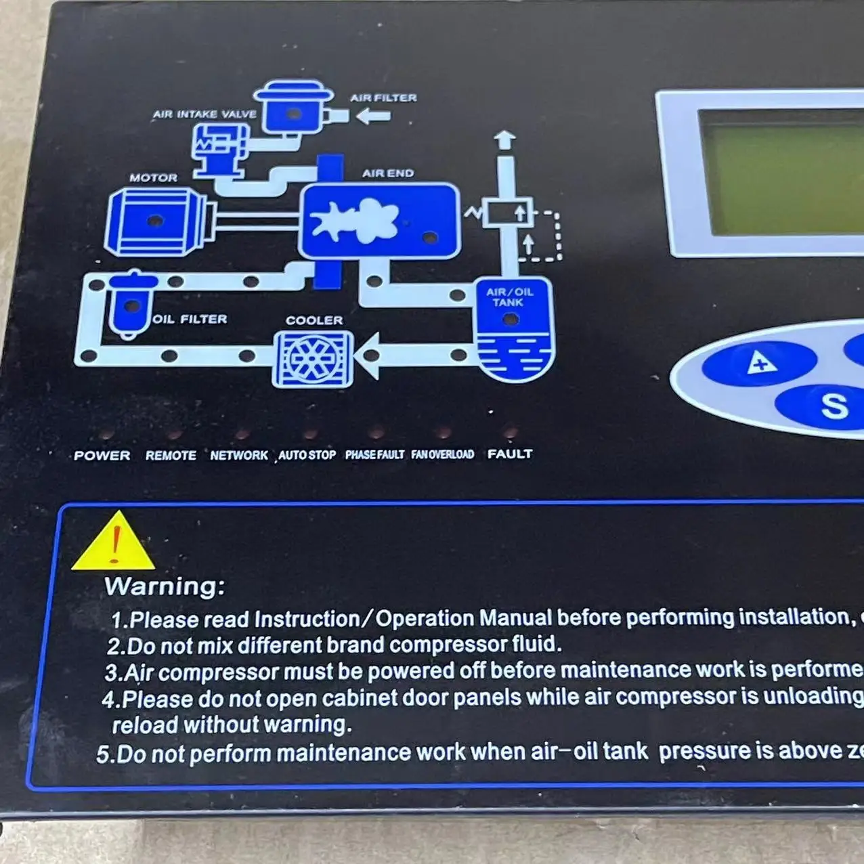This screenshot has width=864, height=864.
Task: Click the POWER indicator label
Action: click(x=102, y=456)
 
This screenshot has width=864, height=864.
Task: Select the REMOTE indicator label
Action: click(x=171, y=456)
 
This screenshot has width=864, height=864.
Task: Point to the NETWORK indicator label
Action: click(x=239, y=456)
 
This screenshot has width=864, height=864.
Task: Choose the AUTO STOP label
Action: click(x=307, y=455)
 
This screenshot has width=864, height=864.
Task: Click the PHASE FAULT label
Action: click(x=374, y=455)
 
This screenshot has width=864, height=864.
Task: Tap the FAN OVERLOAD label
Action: click(x=443, y=454)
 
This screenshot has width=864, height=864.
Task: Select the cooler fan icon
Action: click(x=312, y=359)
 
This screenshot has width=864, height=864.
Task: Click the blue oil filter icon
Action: click(x=132, y=305)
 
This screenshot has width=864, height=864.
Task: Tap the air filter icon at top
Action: click(x=293, y=108)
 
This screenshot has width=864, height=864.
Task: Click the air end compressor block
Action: click(x=379, y=221)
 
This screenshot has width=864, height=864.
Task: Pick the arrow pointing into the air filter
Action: click(x=373, y=116)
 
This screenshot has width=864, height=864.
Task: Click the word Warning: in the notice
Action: click(x=165, y=586)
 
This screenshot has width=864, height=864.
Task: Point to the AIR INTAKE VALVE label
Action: click(x=204, y=114)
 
